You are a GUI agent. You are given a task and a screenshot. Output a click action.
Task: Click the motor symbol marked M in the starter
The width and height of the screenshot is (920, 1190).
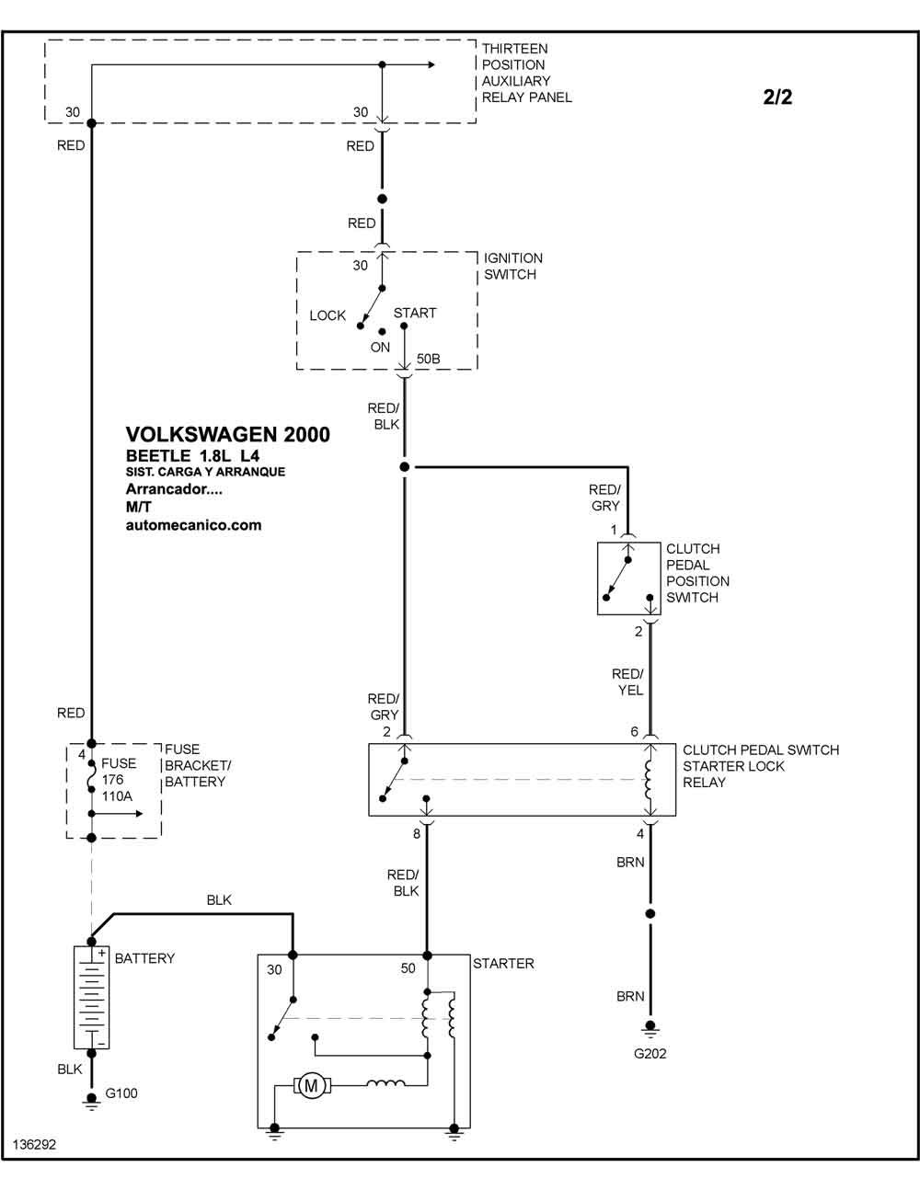[x=311, y=1085]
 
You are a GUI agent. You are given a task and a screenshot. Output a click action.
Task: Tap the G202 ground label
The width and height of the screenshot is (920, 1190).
[x=650, y=1054]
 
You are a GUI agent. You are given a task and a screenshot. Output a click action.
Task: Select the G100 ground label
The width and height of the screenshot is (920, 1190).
[x=121, y=1093]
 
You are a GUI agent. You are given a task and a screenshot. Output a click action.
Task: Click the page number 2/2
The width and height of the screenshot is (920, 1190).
[x=777, y=97]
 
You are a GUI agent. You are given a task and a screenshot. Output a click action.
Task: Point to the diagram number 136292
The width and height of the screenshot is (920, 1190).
[x=34, y=1145]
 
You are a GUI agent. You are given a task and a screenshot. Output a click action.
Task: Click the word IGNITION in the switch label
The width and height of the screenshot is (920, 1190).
[x=513, y=257]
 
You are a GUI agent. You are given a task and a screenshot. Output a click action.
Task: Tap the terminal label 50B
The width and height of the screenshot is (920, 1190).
[x=428, y=359]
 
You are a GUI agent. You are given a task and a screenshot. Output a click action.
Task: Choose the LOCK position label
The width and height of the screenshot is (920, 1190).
[x=328, y=315]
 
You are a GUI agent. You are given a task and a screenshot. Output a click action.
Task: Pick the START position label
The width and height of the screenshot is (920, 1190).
[x=415, y=313]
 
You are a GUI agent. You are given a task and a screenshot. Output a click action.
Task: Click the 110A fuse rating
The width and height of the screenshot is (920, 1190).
[x=117, y=796]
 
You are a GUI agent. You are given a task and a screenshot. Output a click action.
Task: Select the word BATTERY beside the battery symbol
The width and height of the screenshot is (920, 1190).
[x=144, y=958]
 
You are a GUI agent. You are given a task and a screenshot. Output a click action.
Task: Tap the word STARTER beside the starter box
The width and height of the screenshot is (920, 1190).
[x=503, y=963]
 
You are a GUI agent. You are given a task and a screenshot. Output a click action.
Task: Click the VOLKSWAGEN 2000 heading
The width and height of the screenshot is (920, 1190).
[x=228, y=434]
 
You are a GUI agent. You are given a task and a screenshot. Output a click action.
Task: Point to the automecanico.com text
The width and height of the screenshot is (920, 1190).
[x=194, y=525]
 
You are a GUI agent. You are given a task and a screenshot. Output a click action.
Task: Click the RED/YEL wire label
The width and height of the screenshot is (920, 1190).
[x=628, y=681]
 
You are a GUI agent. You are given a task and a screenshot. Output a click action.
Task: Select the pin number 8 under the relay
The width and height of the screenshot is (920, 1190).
[x=417, y=833]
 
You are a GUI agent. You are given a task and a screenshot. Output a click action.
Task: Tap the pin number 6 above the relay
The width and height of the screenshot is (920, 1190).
[x=634, y=732]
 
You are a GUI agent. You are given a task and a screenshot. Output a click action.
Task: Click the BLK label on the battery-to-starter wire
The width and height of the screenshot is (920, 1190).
[x=219, y=899]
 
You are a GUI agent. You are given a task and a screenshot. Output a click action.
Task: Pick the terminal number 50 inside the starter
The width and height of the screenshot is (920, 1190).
[x=408, y=968]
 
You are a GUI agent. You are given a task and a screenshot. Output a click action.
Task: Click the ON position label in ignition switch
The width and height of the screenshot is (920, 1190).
[x=380, y=348]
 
